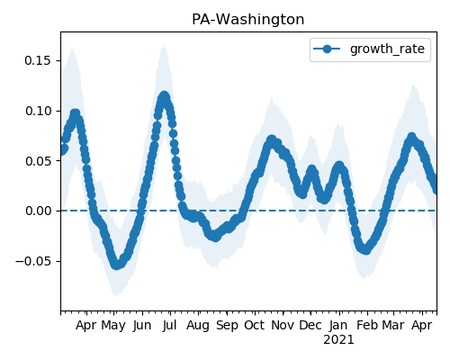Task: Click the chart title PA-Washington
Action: click(247, 20)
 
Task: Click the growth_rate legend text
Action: click(387, 49)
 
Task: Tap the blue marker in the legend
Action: click(327, 49)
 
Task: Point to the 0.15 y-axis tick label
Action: click(38, 60)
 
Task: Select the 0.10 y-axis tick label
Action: click(38, 111)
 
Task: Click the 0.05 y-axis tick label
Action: click(38, 161)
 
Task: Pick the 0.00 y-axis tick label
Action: click(38, 211)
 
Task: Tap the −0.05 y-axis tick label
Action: click(33, 261)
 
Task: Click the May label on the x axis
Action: click(113, 326)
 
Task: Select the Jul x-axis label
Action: click(169, 325)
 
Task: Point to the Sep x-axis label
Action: click(227, 326)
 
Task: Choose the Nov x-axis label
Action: click(283, 325)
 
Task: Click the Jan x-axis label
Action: click(338, 325)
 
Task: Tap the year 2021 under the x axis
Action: click(338, 340)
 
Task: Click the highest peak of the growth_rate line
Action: click(164, 97)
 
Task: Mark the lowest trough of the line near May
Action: click(116, 265)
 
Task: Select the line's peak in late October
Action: click(272, 140)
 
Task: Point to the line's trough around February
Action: click(366, 249)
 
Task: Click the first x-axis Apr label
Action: click(86, 326)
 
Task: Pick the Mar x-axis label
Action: click(393, 325)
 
